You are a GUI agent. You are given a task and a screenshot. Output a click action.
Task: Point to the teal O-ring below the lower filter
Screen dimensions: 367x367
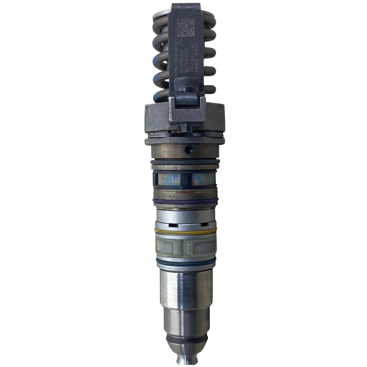183,260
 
